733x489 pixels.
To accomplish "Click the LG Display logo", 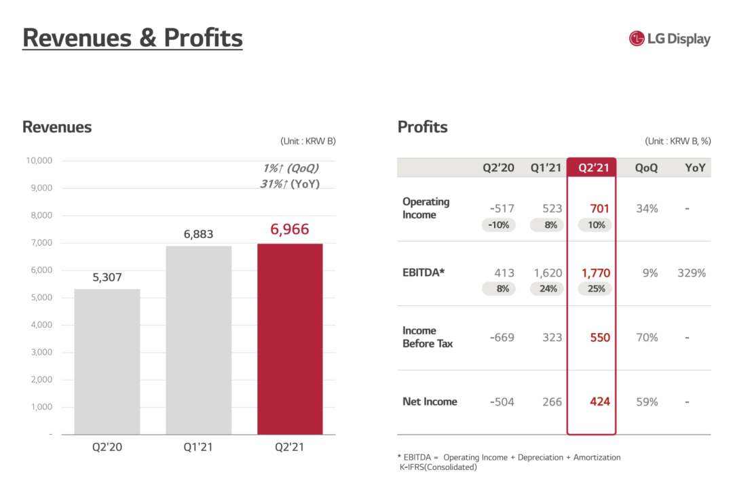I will pyautogui.click(x=669, y=39).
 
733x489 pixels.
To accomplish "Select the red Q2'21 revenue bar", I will pyautogui.click(x=290, y=338).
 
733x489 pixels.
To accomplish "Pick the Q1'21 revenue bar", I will pyautogui.click(x=198, y=340).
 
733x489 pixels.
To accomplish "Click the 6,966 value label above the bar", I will pyautogui.click(x=290, y=229).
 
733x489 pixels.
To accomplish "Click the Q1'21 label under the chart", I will pyautogui.click(x=198, y=448).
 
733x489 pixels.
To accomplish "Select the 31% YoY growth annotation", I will pyautogui.click(x=289, y=184).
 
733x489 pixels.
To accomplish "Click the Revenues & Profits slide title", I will pyautogui.click(x=132, y=37).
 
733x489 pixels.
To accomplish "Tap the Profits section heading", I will pyautogui.click(x=422, y=127).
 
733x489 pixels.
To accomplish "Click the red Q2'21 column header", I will pyautogui.click(x=591, y=168).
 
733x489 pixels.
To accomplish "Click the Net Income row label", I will pyautogui.click(x=430, y=402).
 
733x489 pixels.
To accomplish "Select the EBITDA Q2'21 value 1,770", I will pyautogui.click(x=595, y=273).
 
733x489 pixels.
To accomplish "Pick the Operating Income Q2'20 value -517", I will pyautogui.click(x=502, y=209).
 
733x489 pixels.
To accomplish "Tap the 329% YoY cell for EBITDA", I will pyautogui.click(x=691, y=273).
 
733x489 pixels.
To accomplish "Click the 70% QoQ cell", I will pyautogui.click(x=646, y=337).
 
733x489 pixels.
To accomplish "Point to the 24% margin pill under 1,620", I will pyautogui.click(x=548, y=289).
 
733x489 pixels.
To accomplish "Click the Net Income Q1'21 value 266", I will pyautogui.click(x=552, y=402).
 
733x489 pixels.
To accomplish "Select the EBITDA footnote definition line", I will pyautogui.click(x=508, y=457).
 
